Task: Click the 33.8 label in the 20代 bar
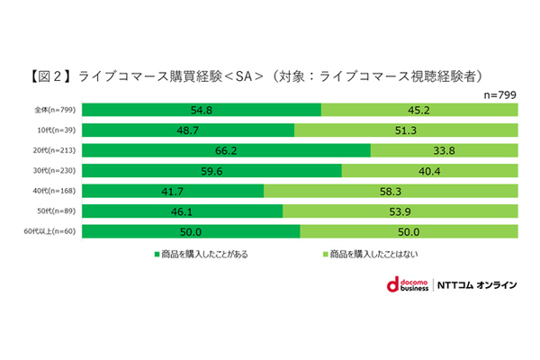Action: (442, 150)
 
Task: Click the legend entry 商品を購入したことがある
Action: (202, 254)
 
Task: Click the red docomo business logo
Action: (393, 285)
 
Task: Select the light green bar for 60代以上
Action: (409, 231)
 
